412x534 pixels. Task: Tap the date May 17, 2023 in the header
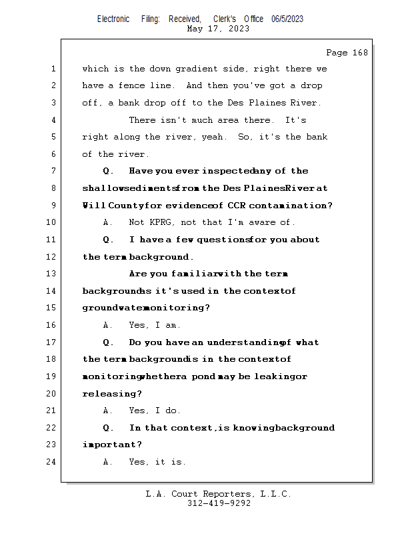click(x=219, y=29)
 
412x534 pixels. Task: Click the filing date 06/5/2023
click(x=287, y=19)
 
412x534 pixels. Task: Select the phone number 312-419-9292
click(x=219, y=503)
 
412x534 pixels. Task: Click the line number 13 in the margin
click(x=52, y=274)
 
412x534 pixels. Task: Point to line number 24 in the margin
click(x=52, y=462)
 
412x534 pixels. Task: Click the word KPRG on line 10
click(x=163, y=222)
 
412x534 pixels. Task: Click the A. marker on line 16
click(x=107, y=325)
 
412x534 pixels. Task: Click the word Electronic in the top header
click(x=113, y=19)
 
